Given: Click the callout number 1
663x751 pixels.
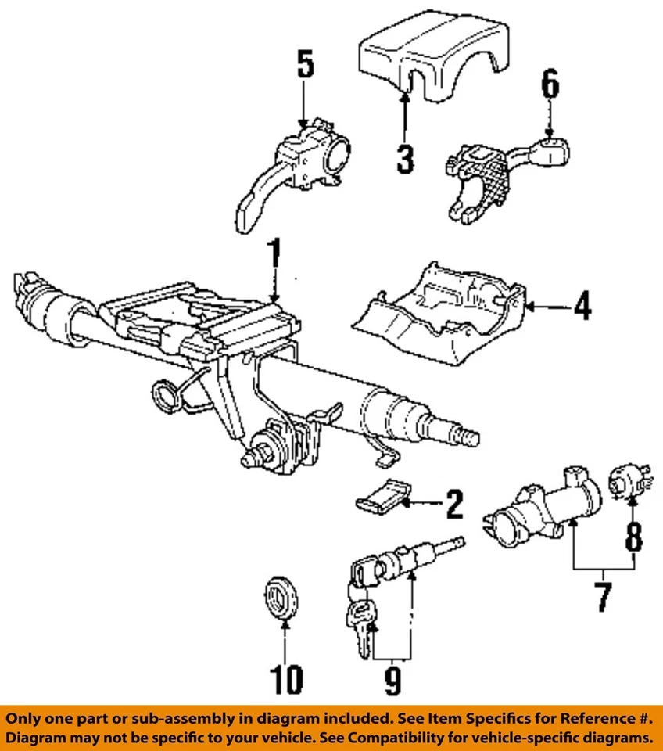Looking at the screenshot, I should tap(273, 257).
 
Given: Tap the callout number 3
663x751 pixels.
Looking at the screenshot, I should tap(404, 158).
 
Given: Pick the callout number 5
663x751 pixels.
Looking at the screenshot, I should tap(304, 65).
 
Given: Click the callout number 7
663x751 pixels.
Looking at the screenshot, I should tap(603, 596).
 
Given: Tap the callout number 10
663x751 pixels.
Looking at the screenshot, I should tap(286, 679).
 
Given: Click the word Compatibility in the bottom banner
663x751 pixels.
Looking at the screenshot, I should tap(414, 738).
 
